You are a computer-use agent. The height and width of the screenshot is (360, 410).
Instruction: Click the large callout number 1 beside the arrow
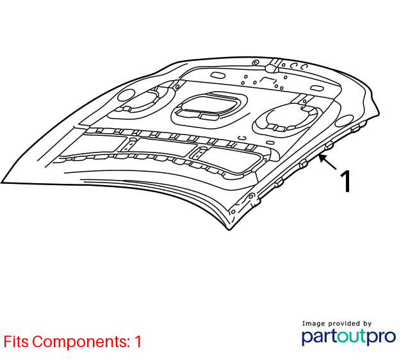point(346,181)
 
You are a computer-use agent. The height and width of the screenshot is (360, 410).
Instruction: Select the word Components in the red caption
point(81,341)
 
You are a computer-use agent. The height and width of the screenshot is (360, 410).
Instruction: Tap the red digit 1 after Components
point(138,341)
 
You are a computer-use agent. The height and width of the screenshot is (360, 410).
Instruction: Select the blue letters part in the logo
point(319,337)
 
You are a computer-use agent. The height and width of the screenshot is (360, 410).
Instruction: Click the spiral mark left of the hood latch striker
point(256,63)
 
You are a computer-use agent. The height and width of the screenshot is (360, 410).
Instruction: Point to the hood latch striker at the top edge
point(274,65)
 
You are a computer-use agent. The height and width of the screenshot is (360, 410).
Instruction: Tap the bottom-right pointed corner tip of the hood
point(229,230)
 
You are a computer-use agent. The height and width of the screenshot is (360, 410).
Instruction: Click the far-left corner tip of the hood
point(1,183)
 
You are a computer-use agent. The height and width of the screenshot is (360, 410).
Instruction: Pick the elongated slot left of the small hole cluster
point(218,76)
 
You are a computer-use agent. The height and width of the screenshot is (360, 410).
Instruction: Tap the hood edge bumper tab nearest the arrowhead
point(329,145)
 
